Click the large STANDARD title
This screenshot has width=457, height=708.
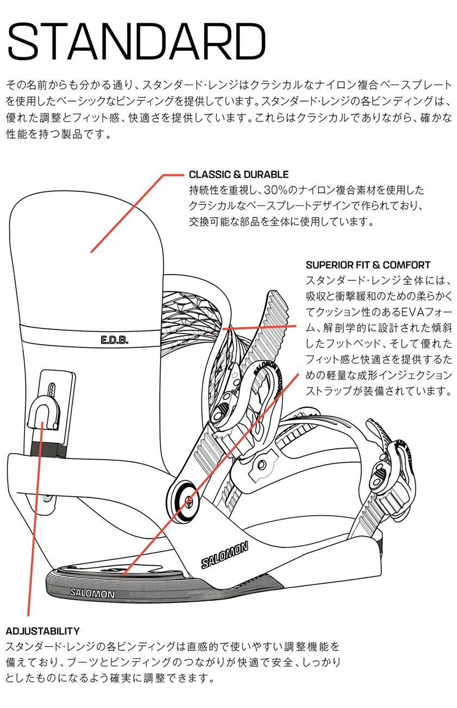coord(136,42)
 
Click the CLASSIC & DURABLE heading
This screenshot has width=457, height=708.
coord(238,175)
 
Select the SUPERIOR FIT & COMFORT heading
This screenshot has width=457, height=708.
coord(368,265)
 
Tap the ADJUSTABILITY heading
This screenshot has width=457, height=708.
coord(42,631)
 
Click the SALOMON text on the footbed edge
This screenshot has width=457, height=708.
coord(92,593)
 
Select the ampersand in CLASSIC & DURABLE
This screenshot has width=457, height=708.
coord(237,175)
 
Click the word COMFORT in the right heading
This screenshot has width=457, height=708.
coord(406,265)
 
